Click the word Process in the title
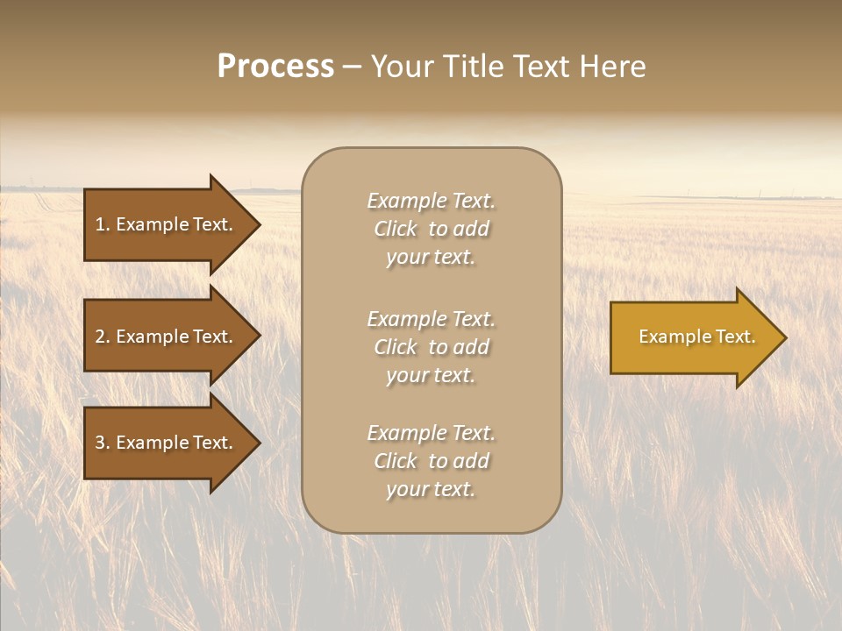[x=275, y=67]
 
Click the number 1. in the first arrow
[x=103, y=224]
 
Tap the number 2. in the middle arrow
[x=103, y=337]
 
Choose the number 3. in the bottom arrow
[x=103, y=443]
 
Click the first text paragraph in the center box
[x=431, y=229]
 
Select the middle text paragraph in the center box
[x=431, y=347]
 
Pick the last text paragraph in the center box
[x=431, y=461]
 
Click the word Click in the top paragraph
[x=396, y=230]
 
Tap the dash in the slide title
[x=352, y=67]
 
